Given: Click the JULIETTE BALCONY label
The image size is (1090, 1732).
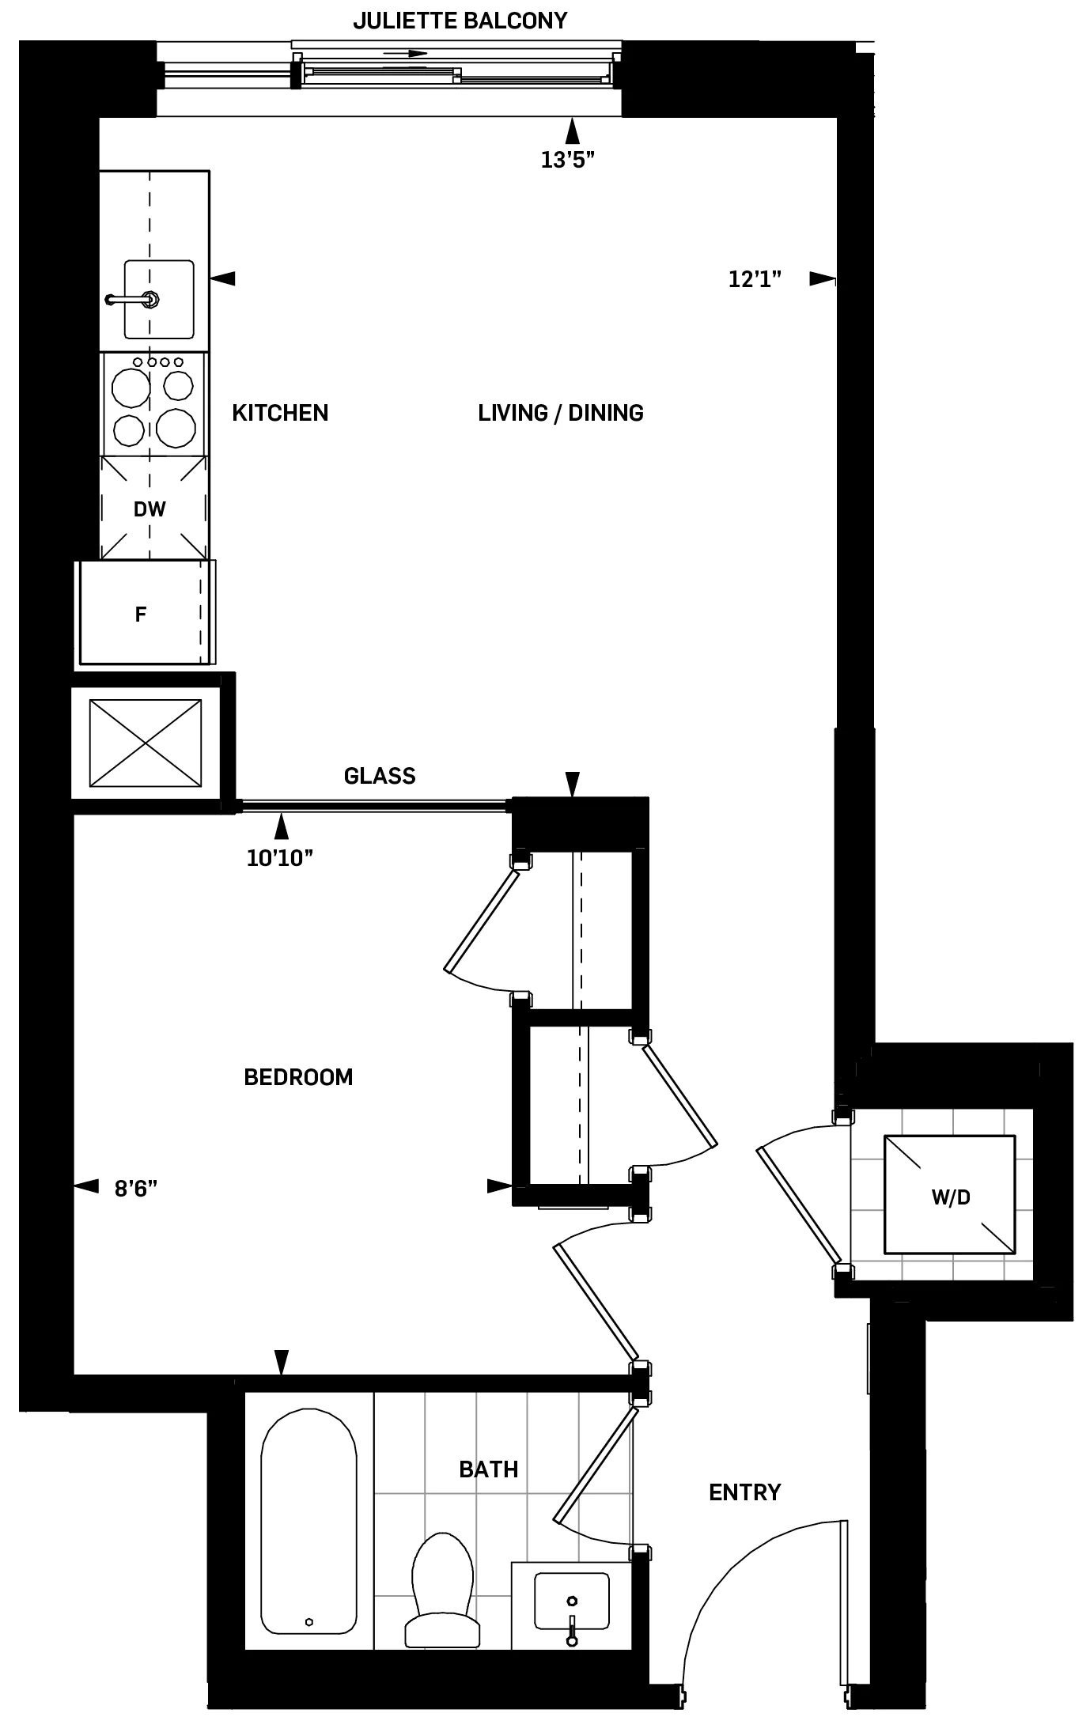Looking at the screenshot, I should pos(460,21).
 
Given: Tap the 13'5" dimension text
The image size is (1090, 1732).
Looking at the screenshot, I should pos(567,161).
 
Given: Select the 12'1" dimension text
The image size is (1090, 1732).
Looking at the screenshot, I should pos(755,278).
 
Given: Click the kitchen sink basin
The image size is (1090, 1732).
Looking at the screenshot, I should pos(158,299).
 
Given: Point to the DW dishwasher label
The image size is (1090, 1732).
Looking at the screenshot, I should pos(149,509).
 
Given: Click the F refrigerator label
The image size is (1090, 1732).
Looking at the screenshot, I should pos(141,615).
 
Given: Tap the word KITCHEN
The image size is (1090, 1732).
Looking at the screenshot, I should pos(280,413).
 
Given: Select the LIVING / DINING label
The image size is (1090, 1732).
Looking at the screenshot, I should pos(560,413).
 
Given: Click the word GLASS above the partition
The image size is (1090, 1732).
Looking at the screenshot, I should pos(380,776).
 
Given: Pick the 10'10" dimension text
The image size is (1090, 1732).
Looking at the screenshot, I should pos(280,859).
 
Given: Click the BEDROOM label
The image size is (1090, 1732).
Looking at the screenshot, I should pos(298,1077).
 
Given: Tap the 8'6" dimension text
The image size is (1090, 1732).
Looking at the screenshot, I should pos(136,1189).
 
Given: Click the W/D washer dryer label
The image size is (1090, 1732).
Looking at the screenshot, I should pos(950,1197).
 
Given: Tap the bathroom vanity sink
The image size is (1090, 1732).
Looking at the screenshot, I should pos(571,1602).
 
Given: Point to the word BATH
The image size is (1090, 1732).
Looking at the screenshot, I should pos(488,1470).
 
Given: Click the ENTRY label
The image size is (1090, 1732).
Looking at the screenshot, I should pos(744,1492).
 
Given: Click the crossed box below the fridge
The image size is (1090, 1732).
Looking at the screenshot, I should pos(145,743).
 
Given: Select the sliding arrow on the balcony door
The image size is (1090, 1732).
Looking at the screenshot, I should pos(405,55).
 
